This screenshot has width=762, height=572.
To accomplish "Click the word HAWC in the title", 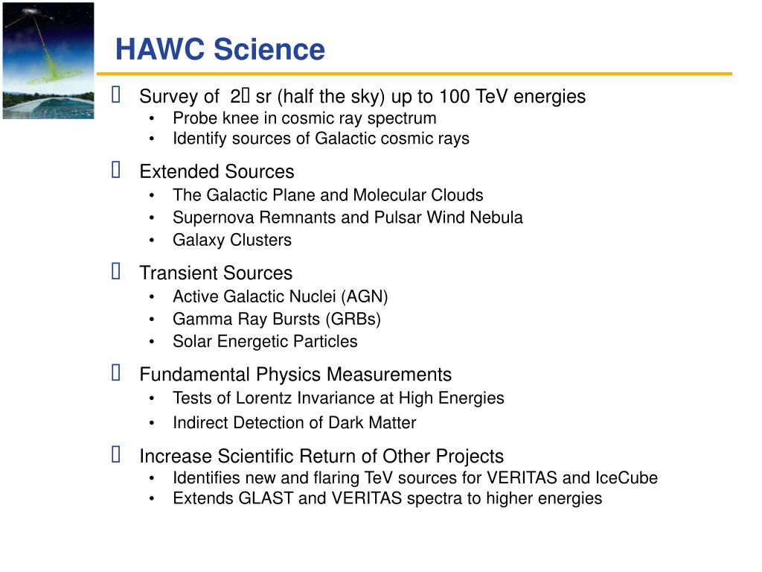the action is [160, 49].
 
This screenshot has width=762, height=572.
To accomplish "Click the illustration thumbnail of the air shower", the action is [48, 61].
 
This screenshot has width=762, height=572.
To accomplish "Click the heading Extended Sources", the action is [217, 172].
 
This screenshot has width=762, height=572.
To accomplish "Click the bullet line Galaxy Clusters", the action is [232, 240].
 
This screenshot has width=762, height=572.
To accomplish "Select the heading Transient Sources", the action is [216, 273].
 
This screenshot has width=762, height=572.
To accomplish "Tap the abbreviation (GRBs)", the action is [353, 319].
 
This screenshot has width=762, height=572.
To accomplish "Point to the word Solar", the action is [193, 341].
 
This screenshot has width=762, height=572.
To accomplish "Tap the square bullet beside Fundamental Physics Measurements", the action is [115, 372].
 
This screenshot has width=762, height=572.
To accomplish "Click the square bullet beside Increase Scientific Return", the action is [115, 454].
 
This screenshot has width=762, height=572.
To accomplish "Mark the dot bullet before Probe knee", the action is [152, 118].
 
